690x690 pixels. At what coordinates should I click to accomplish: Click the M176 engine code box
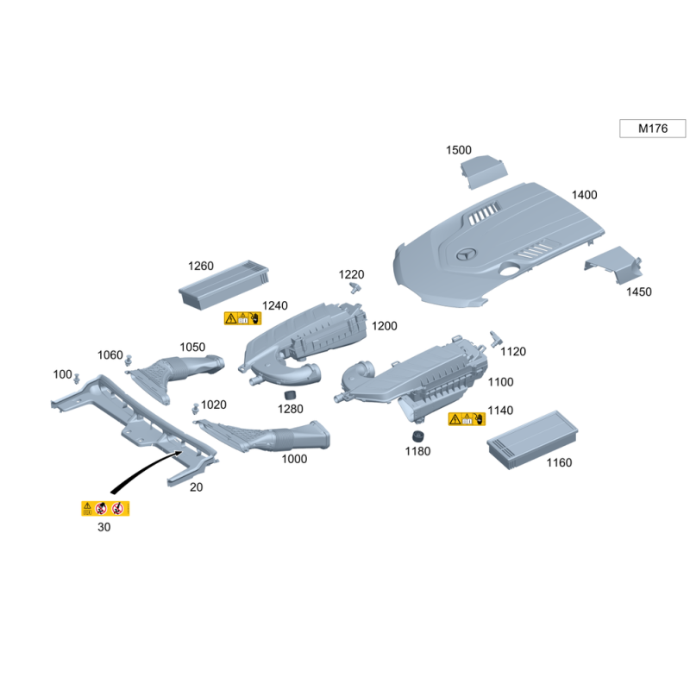point(652,129)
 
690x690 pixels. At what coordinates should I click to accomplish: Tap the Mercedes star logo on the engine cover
point(466,254)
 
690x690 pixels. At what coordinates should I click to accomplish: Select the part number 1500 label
point(459,150)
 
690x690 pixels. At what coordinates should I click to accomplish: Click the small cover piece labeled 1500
point(483,172)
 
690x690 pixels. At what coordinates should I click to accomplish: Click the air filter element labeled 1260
point(223,285)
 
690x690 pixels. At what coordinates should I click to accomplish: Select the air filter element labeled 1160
point(532,440)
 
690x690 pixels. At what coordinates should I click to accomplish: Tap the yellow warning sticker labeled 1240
point(242,318)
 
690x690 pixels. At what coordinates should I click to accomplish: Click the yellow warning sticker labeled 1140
point(467,419)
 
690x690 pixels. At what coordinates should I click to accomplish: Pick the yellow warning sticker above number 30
point(105,508)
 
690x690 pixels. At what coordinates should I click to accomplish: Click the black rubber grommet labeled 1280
point(290,394)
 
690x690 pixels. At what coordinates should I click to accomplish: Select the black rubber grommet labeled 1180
point(417,436)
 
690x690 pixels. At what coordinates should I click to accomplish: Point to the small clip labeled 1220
point(354,288)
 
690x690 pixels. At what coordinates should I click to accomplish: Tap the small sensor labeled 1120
point(495,338)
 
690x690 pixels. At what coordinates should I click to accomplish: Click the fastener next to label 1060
point(128,360)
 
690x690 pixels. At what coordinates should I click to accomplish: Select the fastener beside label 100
point(77,379)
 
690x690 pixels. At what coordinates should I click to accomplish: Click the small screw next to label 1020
point(196,408)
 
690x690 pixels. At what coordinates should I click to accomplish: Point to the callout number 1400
point(585,195)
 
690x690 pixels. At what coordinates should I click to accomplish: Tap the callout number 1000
point(294,459)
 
